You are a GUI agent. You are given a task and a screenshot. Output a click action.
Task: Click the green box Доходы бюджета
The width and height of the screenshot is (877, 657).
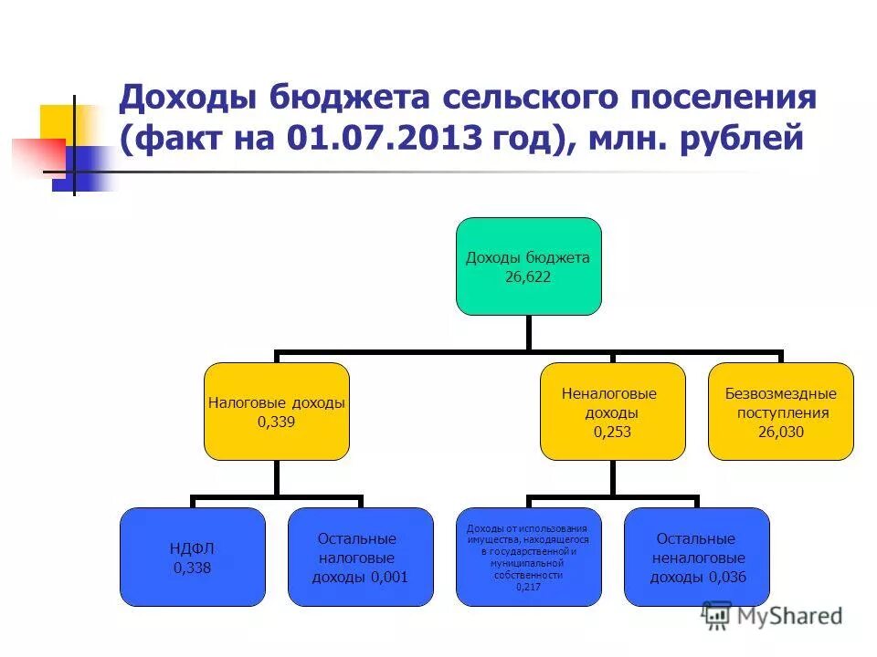529,266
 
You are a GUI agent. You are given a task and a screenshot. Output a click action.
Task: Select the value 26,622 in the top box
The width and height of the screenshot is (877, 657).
528,276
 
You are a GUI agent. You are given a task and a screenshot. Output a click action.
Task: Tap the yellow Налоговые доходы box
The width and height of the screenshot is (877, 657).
277,411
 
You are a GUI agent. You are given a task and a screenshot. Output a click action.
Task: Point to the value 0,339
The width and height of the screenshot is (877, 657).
277,422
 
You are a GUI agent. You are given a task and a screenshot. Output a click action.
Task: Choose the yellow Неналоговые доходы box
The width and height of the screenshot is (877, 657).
612,411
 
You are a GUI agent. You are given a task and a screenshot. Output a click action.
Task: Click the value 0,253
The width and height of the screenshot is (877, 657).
612,433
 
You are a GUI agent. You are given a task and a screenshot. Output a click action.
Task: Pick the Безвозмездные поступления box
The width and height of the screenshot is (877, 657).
781,411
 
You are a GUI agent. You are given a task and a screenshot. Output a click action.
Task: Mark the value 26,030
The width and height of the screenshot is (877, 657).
781,433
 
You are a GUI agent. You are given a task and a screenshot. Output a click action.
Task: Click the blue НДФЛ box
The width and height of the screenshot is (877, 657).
193,556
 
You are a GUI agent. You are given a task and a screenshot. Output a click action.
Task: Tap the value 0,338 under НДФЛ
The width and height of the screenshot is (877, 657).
192,568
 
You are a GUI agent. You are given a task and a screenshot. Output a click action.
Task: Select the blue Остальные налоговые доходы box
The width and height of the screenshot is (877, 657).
361,556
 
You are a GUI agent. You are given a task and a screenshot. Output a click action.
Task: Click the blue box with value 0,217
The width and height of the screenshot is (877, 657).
529,556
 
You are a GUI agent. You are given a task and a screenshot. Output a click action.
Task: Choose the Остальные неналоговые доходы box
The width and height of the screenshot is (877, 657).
697,556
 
